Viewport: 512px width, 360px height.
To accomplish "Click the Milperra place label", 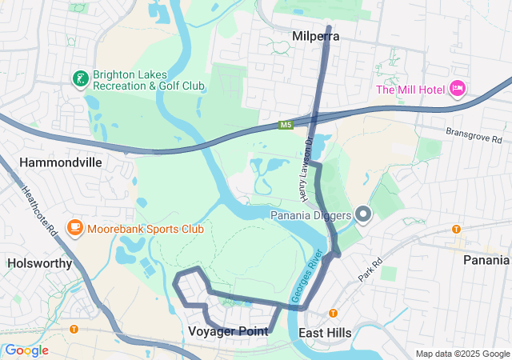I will (x=316, y=37).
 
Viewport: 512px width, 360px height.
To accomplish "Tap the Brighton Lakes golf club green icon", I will (x=80, y=78).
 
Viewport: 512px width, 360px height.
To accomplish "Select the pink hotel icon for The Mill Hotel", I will (x=457, y=88).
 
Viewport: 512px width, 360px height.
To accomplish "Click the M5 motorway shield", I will (x=286, y=125).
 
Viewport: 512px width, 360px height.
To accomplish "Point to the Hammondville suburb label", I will (x=61, y=162).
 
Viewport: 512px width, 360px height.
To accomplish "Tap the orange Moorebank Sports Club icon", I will (x=75, y=229).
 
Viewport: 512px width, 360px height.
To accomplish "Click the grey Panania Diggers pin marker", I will (x=364, y=214).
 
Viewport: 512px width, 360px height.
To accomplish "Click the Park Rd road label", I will (x=367, y=269).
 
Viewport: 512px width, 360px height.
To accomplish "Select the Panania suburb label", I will (x=486, y=260).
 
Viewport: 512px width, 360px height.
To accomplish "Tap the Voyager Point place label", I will (x=227, y=331).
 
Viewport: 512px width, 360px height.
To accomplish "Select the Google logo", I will (x=26, y=350).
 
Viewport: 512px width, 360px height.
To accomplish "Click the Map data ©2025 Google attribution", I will (x=462, y=354).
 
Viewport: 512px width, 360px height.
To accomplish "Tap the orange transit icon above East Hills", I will (x=333, y=313).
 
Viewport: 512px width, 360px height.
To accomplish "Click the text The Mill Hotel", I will (x=410, y=89).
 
